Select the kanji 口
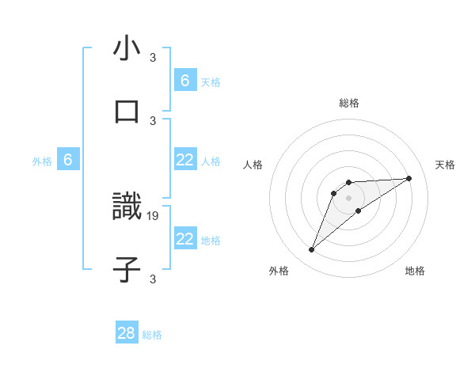click(127, 112)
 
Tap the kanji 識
click(127, 207)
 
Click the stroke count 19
click(154, 215)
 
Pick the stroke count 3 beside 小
click(153, 57)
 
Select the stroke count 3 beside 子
click(153, 279)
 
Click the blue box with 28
click(127, 333)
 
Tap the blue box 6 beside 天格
click(185, 80)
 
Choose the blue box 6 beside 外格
click(68, 160)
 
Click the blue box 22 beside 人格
click(185, 160)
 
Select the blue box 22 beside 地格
click(185, 239)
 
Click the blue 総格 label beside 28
click(152, 335)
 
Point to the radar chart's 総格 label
click(349, 103)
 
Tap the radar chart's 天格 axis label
click(446, 165)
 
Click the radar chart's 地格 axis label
click(415, 271)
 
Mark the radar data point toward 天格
click(409, 178)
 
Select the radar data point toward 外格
click(311, 250)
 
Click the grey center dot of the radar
click(349, 198)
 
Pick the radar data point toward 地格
click(359, 211)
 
